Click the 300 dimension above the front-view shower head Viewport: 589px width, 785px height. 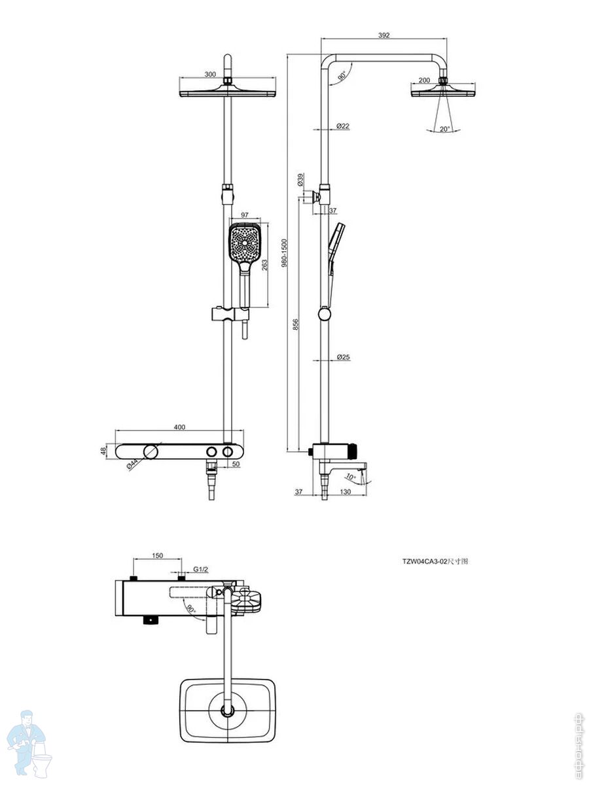209,75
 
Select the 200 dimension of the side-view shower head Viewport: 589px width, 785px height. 424,80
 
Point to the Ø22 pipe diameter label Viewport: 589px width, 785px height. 343,126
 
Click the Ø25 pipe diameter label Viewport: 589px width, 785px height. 343,357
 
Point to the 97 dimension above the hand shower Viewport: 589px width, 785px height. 245,215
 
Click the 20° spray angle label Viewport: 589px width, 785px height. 445,130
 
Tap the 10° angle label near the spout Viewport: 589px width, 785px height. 350,478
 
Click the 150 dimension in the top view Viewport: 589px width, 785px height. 158,556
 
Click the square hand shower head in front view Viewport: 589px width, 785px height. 245,243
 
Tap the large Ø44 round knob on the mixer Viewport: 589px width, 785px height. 151,451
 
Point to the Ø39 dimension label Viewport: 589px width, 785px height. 300,180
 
